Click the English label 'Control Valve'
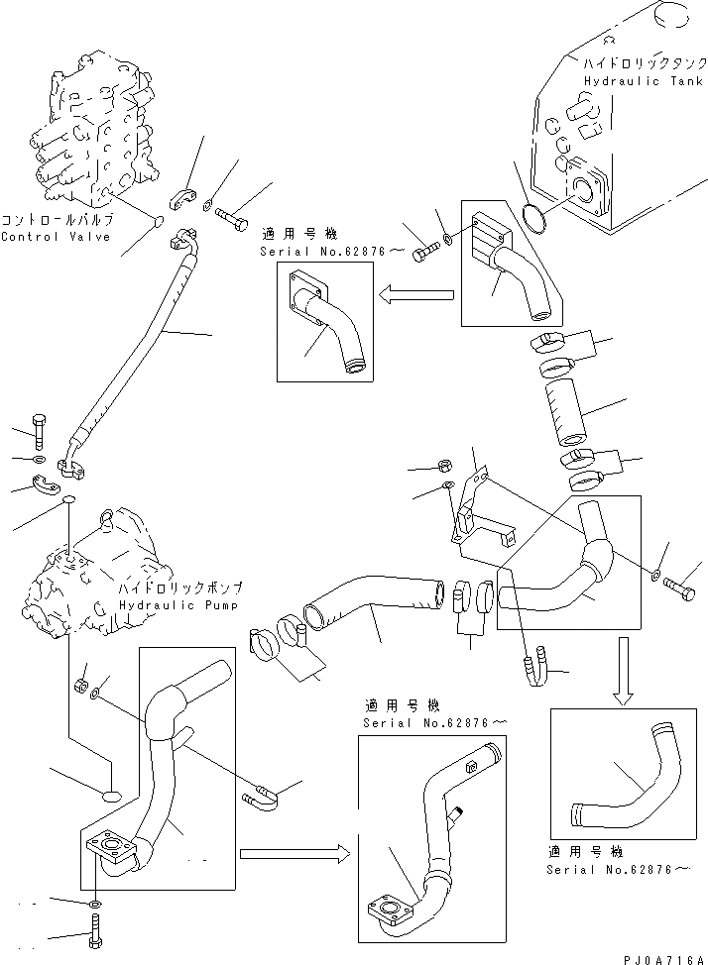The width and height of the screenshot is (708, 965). [x=57, y=237]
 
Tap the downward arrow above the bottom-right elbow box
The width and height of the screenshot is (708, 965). [x=623, y=671]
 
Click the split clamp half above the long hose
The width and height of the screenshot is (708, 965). [x=185, y=197]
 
